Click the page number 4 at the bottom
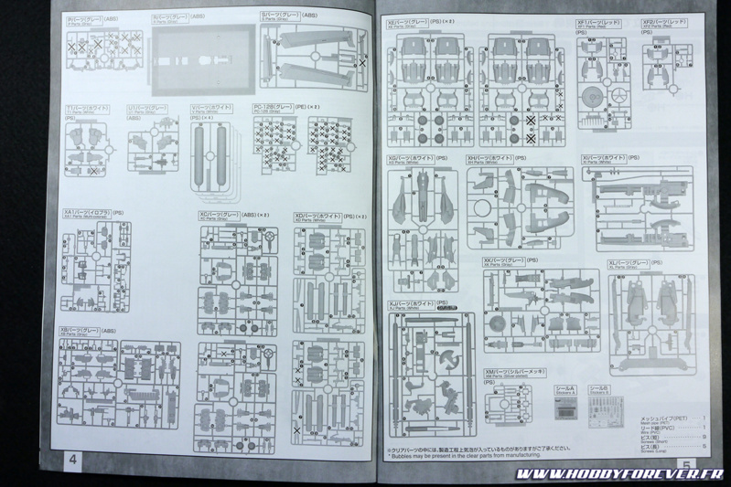coord(71,460)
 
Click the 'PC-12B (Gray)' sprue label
coord(274,109)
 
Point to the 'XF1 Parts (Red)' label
coord(596,22)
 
